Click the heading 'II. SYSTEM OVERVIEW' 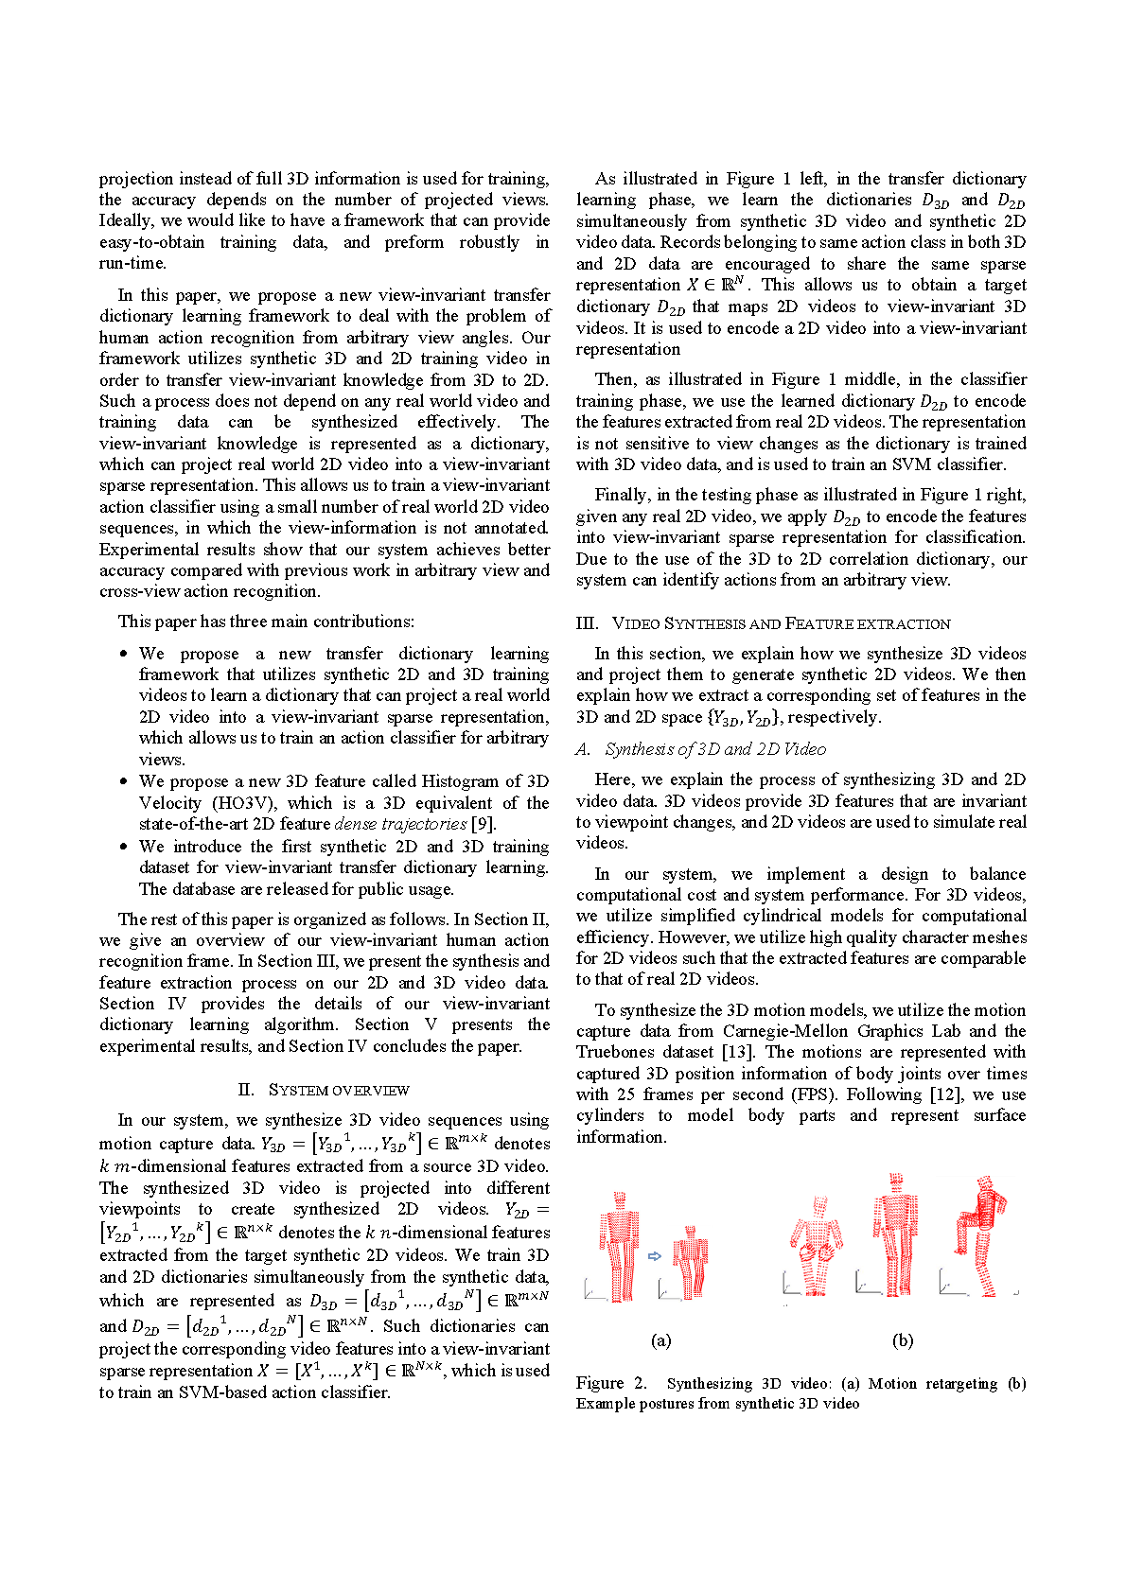[x=325, y=1090]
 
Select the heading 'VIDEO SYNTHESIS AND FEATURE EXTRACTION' [x=781, y=623]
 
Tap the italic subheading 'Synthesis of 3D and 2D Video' [x=715, y=749]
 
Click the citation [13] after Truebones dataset [x=737, y=1052]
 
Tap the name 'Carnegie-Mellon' [x=785, y=1031]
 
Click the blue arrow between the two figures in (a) [x=654, y=1256]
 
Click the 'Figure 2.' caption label [x=611, y=1383]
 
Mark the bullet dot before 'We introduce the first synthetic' [x=123, y=847]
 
